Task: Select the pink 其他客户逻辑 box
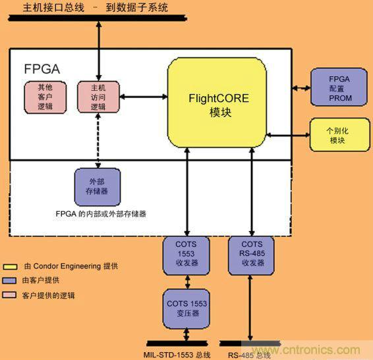click(45, 96)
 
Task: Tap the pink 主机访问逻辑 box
click(98, 96)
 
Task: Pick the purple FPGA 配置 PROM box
click(339, 87)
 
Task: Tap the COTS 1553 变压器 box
click(186, 309)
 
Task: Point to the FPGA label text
click(42, 68)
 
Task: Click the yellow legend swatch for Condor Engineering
click(9, 267)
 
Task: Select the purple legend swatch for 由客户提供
click(9, 281)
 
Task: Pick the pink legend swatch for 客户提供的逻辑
click(9, 296)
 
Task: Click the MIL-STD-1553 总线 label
click(177, 355)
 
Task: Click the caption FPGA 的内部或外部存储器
click(101, 213)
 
